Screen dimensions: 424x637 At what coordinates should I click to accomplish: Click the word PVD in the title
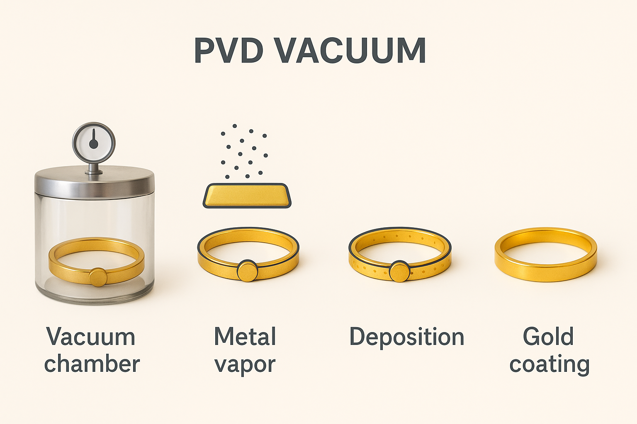coord(229,51)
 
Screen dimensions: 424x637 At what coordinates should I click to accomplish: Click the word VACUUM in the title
coord(350,51)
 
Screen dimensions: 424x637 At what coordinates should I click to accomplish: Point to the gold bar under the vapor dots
coord(247,195)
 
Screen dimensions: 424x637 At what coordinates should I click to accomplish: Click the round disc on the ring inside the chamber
coord(98,277)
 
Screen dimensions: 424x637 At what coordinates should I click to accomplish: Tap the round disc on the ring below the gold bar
coord(248,271)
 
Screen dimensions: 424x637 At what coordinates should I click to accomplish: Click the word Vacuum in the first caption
coord(91,337)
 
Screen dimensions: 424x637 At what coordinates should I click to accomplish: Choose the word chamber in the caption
coord(92,364)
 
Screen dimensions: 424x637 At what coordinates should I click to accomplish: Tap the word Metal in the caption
coord(245,337)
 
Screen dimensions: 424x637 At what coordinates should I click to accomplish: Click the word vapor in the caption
coord(245,365)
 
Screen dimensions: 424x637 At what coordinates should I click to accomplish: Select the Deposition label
coord(406,337)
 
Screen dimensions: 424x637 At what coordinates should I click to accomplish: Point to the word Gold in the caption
coord(548,337)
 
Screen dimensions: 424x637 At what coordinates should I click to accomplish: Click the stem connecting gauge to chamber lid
coord(94,168)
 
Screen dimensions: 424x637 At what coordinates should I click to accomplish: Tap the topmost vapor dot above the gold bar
coord(235,125)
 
